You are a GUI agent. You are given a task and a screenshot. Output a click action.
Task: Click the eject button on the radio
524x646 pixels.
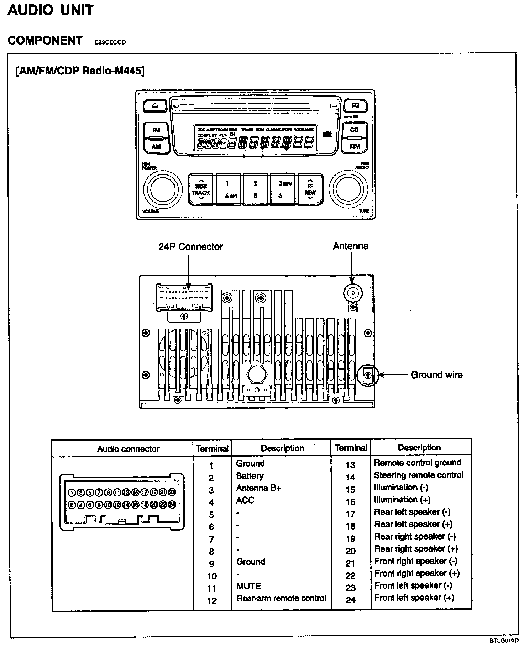(154, 105)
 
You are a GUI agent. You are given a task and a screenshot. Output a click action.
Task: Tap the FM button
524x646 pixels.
(156, 130)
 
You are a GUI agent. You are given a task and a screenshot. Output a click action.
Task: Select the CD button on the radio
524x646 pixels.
(354, 130)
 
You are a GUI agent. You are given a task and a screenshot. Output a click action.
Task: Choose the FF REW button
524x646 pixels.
(310, 189)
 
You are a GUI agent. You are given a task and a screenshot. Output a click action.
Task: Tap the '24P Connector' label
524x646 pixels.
(190, 246)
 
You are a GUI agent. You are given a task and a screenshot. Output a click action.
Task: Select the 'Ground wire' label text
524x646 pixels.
(436, 375)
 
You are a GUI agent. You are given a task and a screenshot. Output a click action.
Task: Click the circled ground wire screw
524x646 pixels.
(368, 375)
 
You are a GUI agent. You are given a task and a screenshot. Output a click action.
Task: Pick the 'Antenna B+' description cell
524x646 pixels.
(258, 488)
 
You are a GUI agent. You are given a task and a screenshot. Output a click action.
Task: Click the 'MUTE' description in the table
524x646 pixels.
(248, 586)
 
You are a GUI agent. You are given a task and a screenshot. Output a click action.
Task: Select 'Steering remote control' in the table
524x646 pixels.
(418, 475)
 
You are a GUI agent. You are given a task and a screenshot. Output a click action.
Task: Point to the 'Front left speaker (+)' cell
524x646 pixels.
(414, 598)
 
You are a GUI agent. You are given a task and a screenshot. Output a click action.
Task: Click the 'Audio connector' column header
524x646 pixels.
(128, 449)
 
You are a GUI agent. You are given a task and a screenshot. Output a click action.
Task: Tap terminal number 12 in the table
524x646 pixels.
(212, 601)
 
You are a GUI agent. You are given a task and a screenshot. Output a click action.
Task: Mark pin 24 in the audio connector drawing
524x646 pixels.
(172, 505)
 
